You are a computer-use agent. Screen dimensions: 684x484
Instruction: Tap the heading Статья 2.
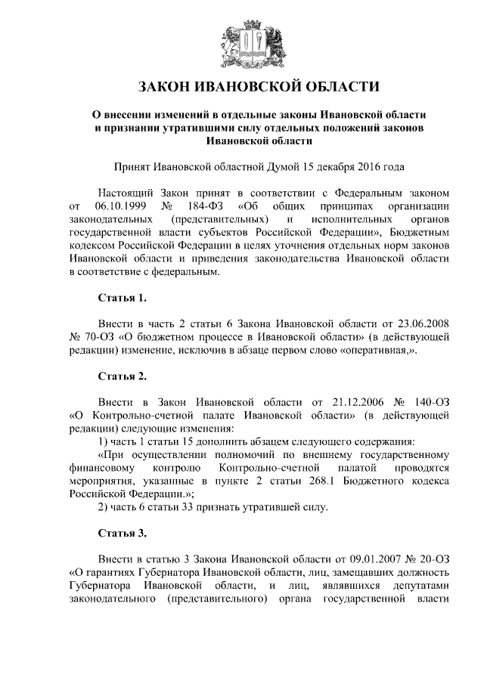tap(118, 375)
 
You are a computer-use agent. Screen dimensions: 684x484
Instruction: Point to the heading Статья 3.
tap(118, 533)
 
